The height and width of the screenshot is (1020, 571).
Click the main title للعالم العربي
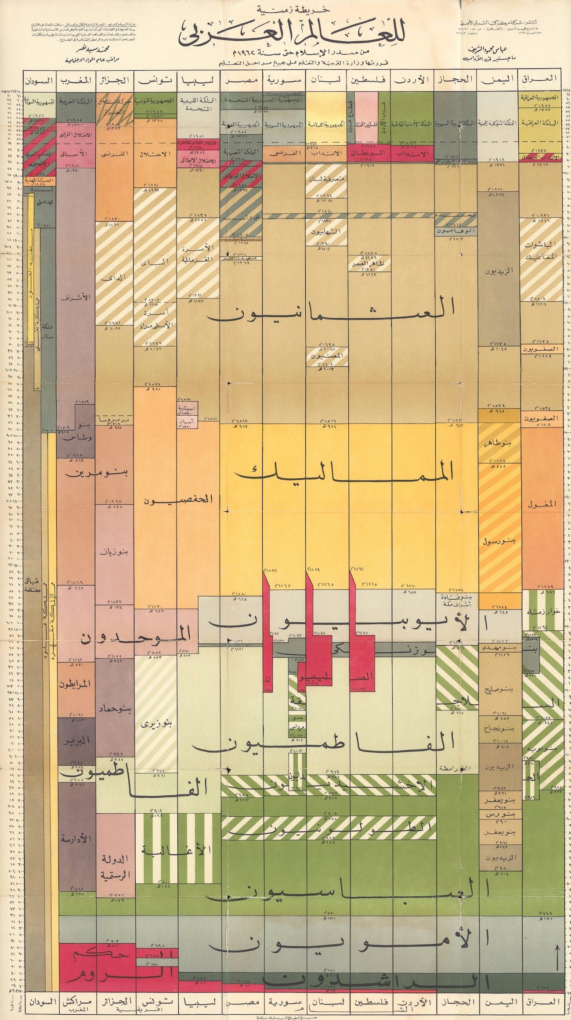click(286, 33)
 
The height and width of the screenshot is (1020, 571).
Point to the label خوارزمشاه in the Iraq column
click(543, 612)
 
